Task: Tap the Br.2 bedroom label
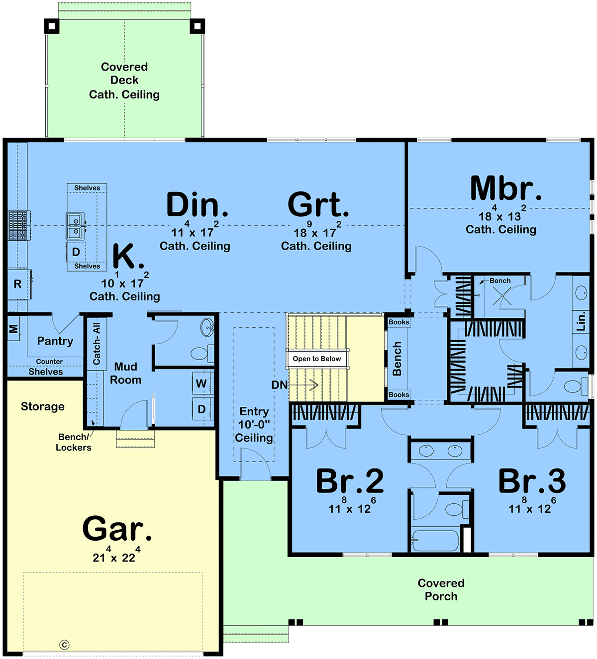350,481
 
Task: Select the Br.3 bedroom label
532,481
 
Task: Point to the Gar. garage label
117,528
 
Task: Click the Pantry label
55,341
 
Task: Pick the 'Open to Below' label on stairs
317,359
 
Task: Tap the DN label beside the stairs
279,385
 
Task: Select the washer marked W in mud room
202,383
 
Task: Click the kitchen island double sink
76,227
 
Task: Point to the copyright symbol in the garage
65,645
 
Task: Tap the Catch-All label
97,344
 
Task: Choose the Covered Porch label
441,590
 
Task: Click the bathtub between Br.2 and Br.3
435,540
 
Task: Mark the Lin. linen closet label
581,321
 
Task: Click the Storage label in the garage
43,407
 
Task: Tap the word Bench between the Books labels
397,359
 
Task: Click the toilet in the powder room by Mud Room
202,353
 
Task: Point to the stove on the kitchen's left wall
19,225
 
